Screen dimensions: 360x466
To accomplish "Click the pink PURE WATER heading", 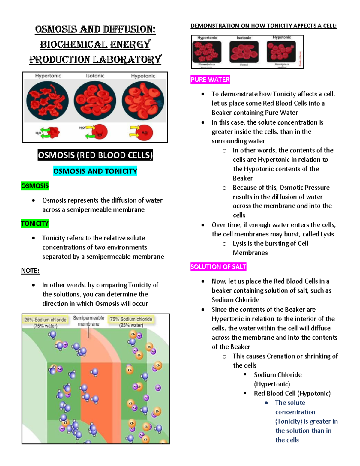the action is point(210,80).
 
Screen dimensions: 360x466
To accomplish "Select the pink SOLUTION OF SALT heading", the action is point(218,267).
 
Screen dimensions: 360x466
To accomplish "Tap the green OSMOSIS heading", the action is point(35,186).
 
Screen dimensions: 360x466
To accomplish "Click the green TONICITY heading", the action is point(35,224).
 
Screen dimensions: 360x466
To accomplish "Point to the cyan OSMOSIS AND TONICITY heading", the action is point(95,171).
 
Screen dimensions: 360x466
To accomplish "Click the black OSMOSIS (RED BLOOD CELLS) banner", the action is point(95,155).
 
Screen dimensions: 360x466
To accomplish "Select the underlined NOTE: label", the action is point(30,271).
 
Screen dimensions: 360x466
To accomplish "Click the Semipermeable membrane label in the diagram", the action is point(88,321).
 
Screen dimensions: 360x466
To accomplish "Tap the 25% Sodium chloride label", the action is point(45,320).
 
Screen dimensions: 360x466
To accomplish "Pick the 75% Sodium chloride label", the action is point(131,319).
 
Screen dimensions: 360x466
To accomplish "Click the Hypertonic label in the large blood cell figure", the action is point(48,76).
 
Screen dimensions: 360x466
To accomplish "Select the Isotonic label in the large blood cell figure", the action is point(95,76).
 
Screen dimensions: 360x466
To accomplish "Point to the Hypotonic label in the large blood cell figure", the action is point(143,76).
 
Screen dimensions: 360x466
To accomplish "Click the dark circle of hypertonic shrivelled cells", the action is point(47,101).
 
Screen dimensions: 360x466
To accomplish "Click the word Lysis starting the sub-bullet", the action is point(239,244).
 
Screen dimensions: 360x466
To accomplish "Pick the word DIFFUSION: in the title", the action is point(129,29).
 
